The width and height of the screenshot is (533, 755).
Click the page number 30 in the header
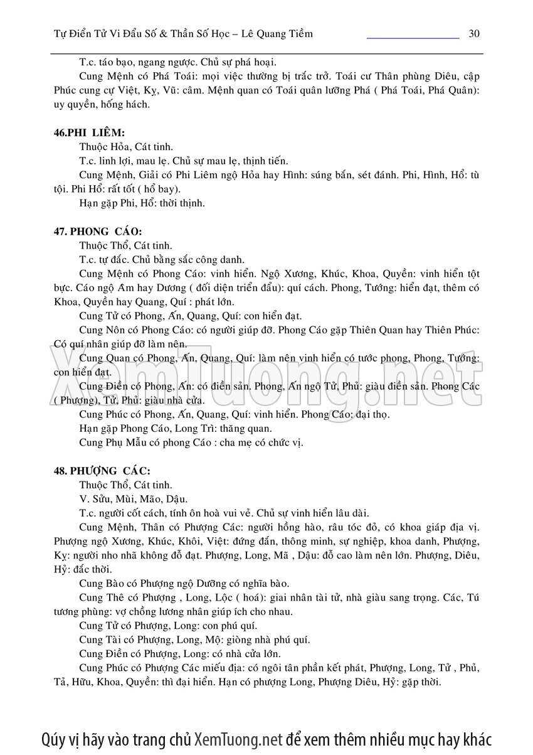pyautogui.click(x=474, y=33)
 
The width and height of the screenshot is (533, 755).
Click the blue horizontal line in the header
pyautogui.click(x=413, y=38)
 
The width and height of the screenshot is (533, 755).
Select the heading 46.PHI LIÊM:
pyautogui.click(x=89, y=132)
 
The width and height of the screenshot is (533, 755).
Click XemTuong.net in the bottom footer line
pyautogui.click(x=239, y=738)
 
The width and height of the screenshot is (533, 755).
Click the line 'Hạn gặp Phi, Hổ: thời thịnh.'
pyautogui.click(x=142, y=203)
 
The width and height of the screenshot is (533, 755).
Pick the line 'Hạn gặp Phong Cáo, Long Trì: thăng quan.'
pyautogui.click(x=176, y=429)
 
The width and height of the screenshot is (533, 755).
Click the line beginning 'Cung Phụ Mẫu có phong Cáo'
pyautogui.click(x=191, y=442)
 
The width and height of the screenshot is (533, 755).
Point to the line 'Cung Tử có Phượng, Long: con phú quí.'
pyautogui.click(x=168, y=626)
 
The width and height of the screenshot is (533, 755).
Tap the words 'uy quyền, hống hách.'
pyautogui.click(x=102, y=104)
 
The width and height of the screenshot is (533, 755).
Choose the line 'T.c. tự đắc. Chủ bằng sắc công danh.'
pyautogui.click(x=161, y=260)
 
